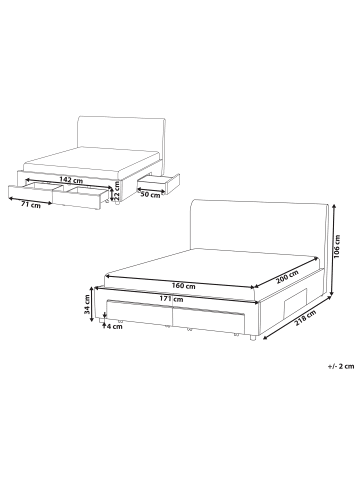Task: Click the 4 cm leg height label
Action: pos(116,326)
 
